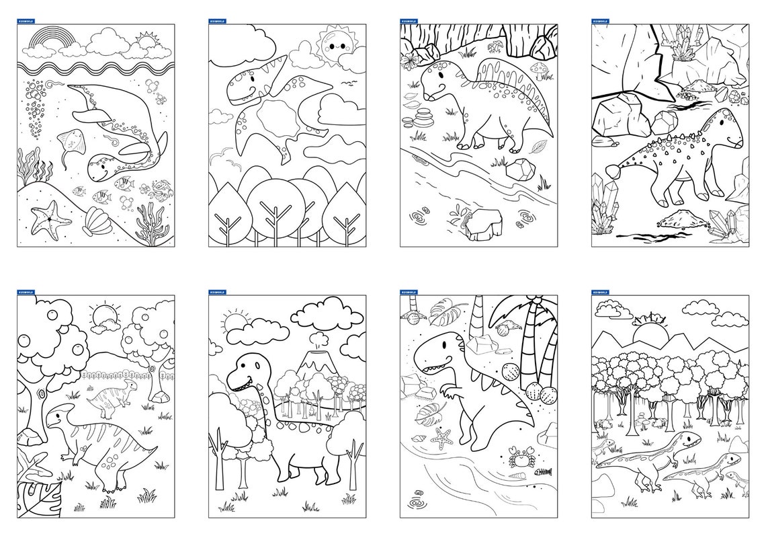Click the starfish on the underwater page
[x=44, y=219]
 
